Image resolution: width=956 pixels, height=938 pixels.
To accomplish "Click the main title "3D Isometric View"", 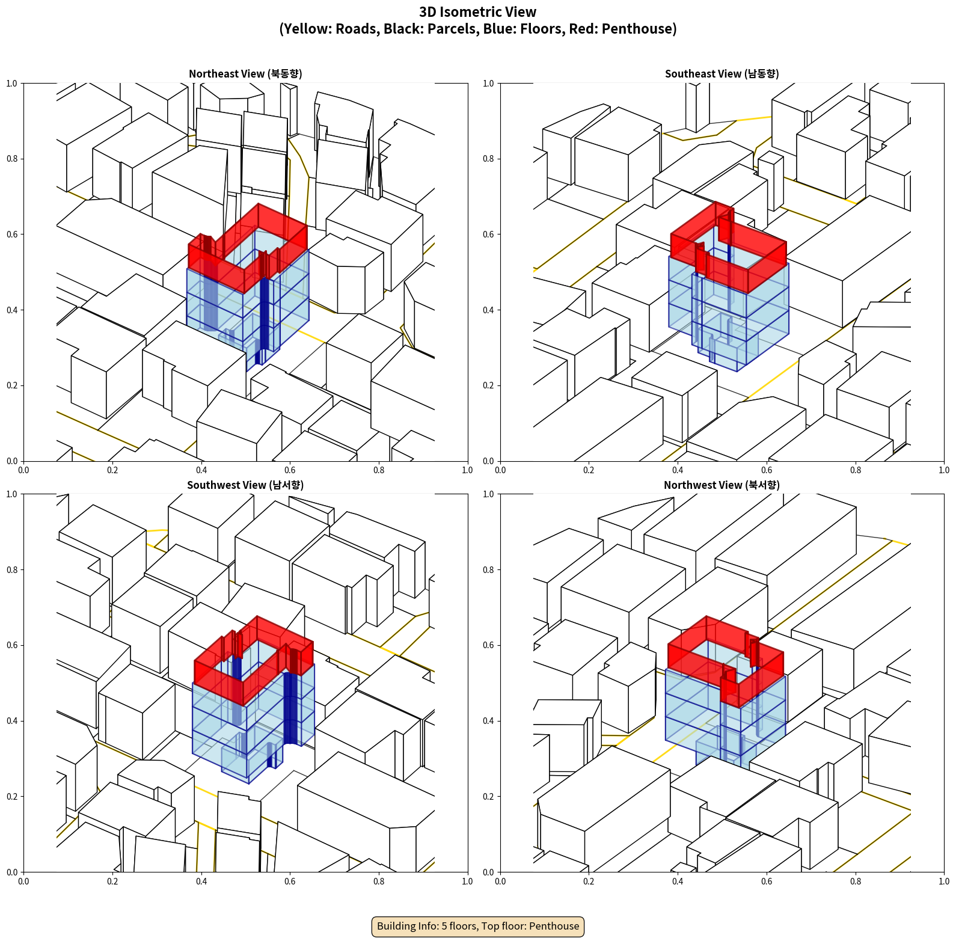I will [477, 12].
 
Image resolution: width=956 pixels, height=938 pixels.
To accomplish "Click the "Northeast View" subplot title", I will [245, 74].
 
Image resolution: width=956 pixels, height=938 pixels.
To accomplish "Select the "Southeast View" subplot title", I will [722, 74].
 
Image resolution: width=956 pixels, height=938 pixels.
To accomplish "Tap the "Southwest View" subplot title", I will [245, 485].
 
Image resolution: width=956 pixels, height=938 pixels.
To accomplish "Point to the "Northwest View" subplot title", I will [722, 485].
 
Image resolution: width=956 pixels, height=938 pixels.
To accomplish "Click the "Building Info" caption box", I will [478, 926].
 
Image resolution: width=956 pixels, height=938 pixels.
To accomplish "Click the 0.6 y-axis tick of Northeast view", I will [12, 234].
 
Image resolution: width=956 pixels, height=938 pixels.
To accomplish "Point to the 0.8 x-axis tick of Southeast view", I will [856, 470].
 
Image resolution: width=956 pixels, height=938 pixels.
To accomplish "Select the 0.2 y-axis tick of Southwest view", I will [12, 797].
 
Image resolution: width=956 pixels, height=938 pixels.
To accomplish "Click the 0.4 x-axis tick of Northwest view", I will [678, 881].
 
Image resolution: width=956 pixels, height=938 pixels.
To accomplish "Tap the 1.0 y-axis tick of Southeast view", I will [488, 84].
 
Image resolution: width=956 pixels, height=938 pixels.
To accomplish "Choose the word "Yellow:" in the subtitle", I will [307, 29].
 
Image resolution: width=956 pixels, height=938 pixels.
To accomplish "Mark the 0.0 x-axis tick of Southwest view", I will [23, 881].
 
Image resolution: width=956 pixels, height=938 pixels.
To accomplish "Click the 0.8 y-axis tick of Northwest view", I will [488, 570].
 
